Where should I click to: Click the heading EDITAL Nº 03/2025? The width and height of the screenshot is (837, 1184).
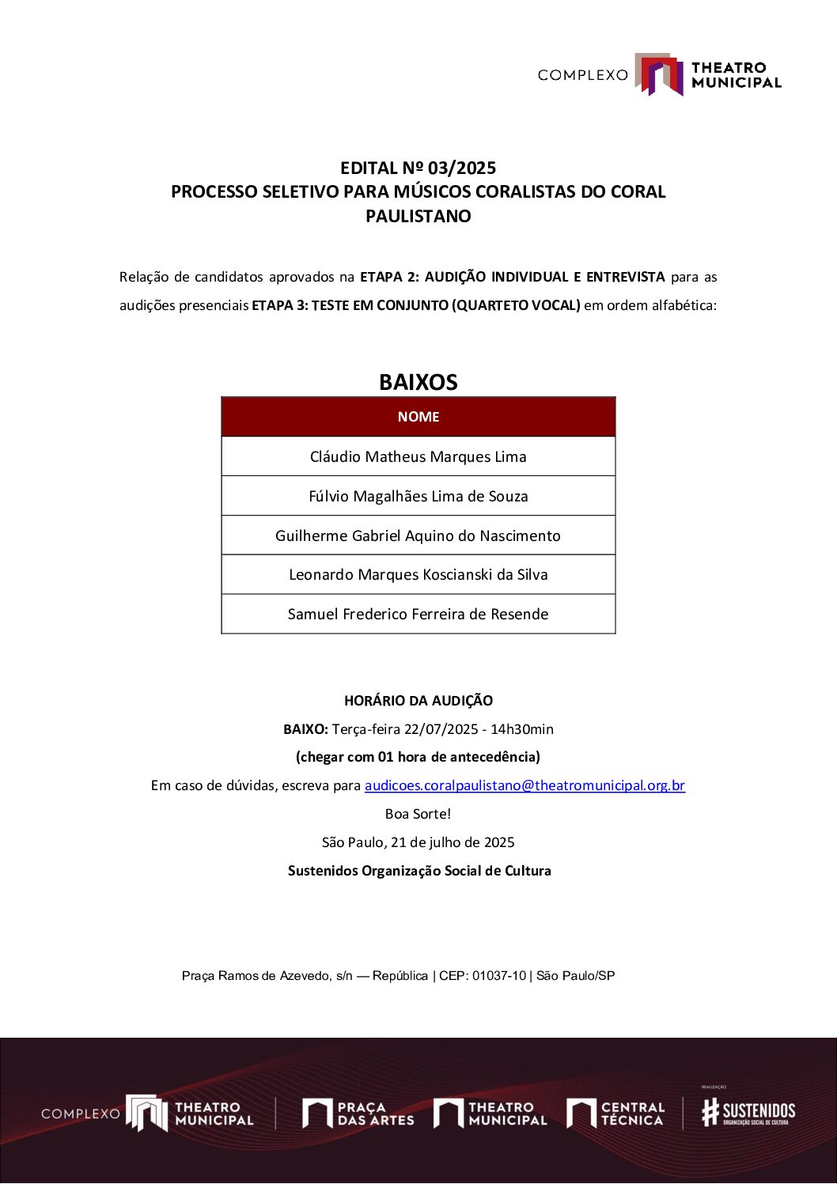coord(418,168)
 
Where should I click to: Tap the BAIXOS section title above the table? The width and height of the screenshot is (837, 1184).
coord(418,382)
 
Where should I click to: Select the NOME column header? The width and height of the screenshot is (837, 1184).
coord(418,417)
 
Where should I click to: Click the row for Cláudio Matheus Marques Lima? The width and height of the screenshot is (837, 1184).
coord(418,456)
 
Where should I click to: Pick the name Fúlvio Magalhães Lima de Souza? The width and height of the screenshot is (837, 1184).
coord(418,496)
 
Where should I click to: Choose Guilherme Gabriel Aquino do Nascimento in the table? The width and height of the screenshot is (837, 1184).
coord(418,535)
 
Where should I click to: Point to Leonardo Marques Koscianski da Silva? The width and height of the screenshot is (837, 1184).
coord(418,575)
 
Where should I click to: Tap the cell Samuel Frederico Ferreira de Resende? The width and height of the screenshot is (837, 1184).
coord(418,615)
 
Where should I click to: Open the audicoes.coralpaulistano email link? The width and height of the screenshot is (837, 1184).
coord(525,785)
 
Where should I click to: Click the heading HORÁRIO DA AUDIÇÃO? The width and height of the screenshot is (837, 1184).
coord(418,701)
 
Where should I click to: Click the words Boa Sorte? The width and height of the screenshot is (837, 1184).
coord(418,814)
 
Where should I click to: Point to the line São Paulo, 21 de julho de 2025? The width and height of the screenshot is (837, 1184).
coord(418,842)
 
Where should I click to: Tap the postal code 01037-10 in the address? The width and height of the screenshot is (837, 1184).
coord(498,976)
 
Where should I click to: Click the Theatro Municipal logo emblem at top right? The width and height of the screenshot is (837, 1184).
coord(658,74)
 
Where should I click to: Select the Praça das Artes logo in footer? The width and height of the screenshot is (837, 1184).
coord(358,1114)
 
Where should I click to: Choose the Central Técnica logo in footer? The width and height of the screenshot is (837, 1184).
coord(615,1114)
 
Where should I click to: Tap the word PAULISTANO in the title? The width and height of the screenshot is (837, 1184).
coord(418,216)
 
